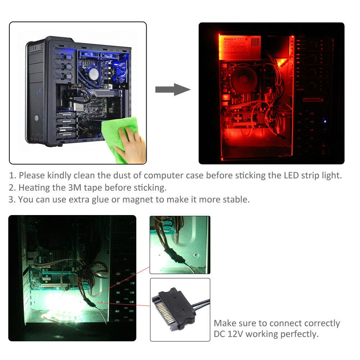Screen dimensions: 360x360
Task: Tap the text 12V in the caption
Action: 235,334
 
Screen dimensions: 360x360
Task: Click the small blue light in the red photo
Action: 325,121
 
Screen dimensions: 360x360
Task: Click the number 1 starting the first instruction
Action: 12,176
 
